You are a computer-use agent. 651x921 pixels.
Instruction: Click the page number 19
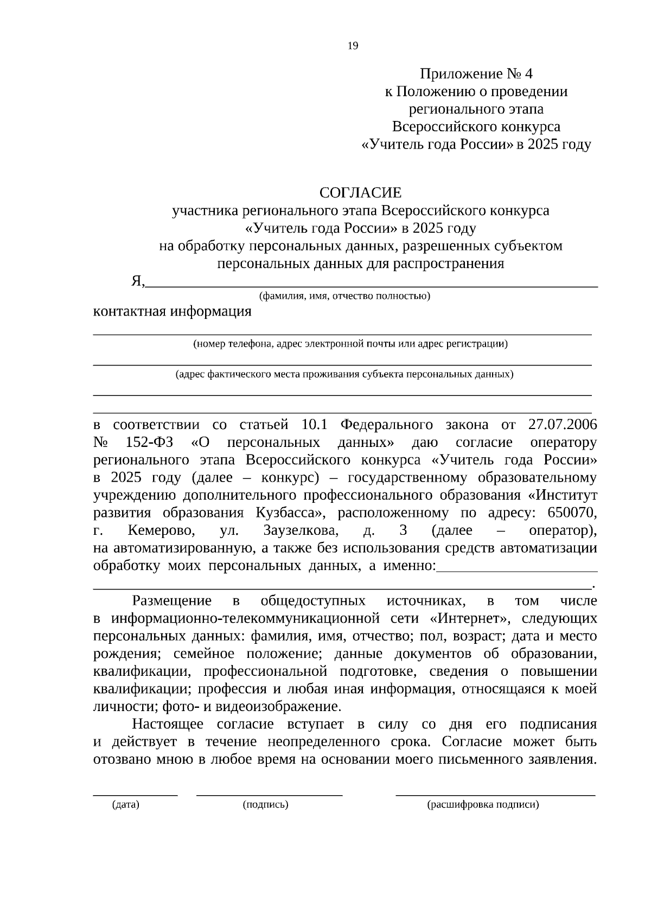(x=353, y=46)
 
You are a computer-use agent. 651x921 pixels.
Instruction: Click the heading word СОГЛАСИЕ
(x=360, y=193)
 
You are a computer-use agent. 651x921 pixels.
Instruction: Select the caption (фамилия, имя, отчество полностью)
(x=344, y=296)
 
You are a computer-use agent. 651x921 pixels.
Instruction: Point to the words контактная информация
(x=173, y=312)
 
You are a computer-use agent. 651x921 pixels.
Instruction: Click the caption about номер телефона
(x=350, y=343)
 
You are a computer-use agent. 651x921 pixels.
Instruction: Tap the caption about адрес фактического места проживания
(x=344, y=374)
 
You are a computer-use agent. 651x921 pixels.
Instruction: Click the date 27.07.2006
(x=562, y=425)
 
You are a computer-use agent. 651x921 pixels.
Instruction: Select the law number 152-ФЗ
(x=149, y=443)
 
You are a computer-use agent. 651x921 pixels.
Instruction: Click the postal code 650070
(x=572, y=513)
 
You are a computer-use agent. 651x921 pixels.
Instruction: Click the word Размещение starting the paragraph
(x=172, y=601)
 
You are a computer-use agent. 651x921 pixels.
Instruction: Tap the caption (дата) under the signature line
(x=126, y=805)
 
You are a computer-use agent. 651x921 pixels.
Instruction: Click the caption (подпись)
(x=265, y=805)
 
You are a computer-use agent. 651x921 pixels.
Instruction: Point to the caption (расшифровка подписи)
(x=483, y=805)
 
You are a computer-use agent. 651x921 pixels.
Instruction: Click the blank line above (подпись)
(x=269, y=794)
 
